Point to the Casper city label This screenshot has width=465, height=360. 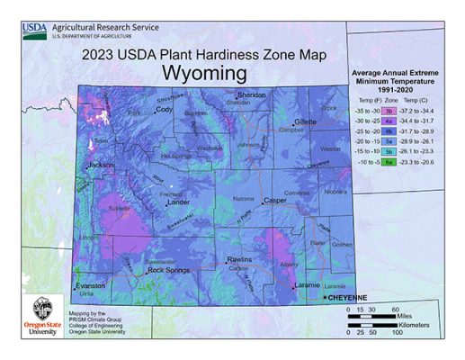tap(274, 201)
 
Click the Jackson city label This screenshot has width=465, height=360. tap(101, 166)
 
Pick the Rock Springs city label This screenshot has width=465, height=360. tap(169, 270)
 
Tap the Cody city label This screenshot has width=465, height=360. tap(164, 109)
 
